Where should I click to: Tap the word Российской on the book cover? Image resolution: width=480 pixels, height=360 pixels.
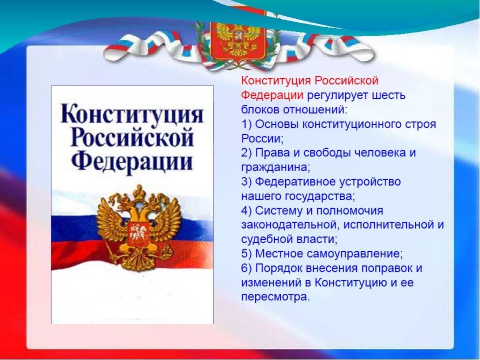tap(132, 138)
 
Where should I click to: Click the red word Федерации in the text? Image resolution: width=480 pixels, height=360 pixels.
tap(272, 95)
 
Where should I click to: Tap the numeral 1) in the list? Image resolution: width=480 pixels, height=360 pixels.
tap(246, 124)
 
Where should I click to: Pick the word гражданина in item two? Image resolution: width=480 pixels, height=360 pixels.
tap(275, 167)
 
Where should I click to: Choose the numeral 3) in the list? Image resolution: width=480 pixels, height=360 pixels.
tap(246, 182)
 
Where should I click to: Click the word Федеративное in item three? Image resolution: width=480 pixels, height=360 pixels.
tap(296, 182)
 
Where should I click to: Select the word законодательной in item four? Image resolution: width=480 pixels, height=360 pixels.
tap(290, 225)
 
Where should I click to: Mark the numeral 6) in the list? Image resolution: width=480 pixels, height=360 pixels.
tap(246, 268)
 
